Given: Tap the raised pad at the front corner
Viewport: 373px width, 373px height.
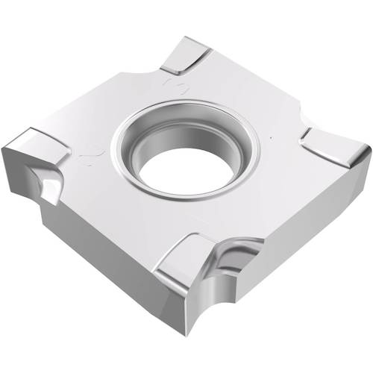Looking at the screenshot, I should pos(186,257).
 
